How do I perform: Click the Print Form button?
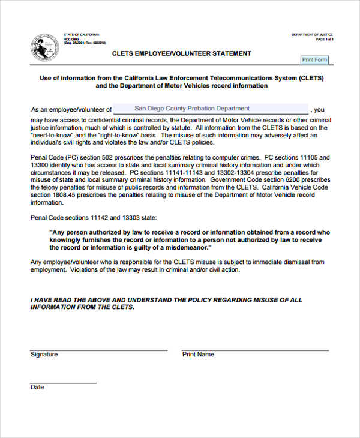[x=315, y=60]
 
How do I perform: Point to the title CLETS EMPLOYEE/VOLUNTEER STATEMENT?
[x=182, y=53]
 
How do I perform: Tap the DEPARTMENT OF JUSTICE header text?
[x=312, y=35]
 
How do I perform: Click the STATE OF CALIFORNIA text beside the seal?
[x=82, y=35]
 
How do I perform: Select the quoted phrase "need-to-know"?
[x=51, y=136]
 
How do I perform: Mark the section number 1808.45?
[x=66, y=194]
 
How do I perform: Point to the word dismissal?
[x=296, y=262]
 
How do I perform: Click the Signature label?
[x=44, y=355]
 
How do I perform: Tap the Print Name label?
[x=198, y=355]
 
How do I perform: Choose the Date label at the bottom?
[x=37, y=388]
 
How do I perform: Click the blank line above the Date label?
[x=63, y=382]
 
